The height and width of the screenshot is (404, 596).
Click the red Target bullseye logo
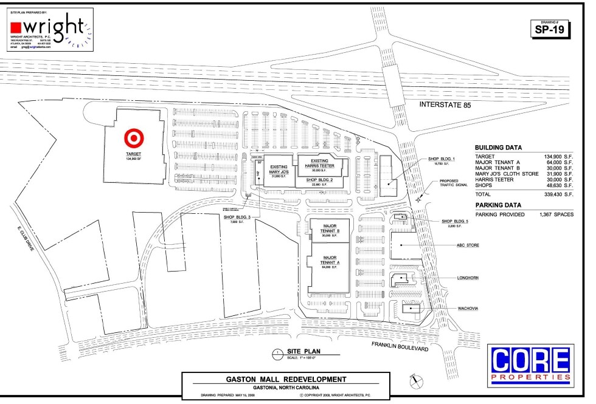(132, 138)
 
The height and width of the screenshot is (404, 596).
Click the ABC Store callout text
(468, 245)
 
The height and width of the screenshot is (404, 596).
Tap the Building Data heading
(498, 148)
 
